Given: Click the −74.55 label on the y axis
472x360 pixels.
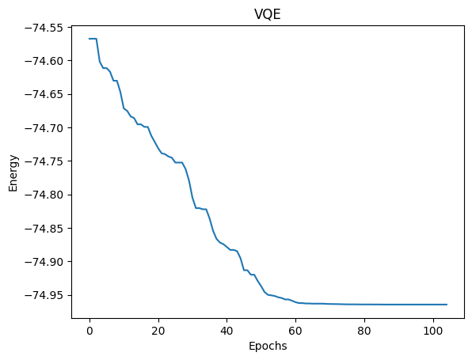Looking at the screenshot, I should pos(48,28).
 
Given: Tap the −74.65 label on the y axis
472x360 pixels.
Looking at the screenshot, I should pos(48,95).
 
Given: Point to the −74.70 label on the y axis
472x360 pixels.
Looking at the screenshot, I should pos(48,128).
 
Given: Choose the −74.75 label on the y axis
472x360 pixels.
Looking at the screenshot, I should pos(48,161).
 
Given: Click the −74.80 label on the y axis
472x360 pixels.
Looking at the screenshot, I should pos(48,195).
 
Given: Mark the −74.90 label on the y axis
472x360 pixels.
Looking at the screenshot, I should pos(48,262).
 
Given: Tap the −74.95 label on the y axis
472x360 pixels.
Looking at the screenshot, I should pos(48,295).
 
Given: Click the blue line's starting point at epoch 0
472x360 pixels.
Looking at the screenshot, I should pos(89,39).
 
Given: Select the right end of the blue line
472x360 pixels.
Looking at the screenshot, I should pos(447,305).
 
